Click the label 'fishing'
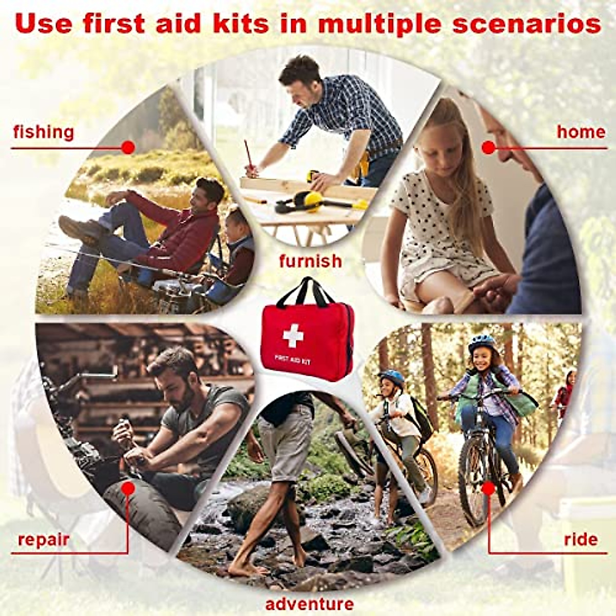coord(44,132)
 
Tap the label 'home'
coord(581,132)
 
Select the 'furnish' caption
coord(310,261)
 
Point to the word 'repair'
coord(44,540)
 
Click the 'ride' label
coord(581,540)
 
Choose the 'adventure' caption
coord(310,604)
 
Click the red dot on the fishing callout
coord(128,148)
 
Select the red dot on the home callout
coord(488,148)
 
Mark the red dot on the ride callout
coord(489,488)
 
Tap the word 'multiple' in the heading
coord(380,25)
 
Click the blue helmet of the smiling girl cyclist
coord(482,341)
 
